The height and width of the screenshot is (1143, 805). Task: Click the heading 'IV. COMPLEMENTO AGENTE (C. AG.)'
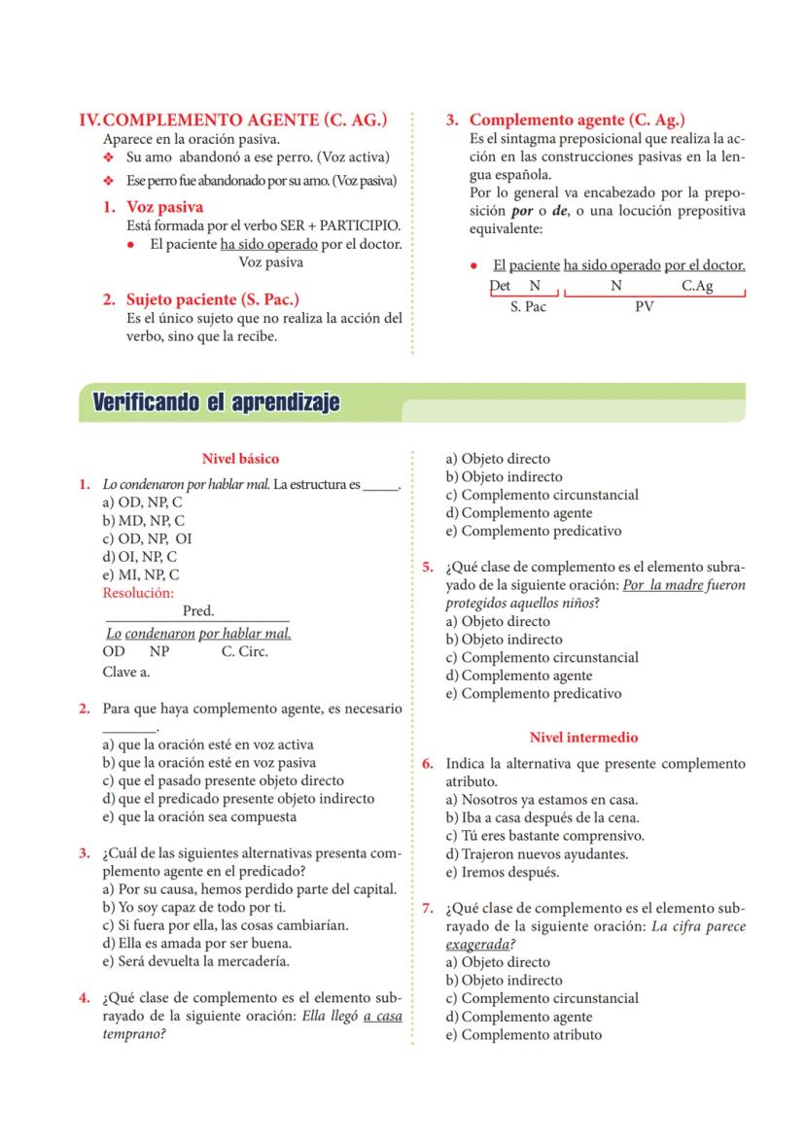(233, 120)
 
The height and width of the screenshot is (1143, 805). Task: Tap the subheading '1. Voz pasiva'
(153, 207)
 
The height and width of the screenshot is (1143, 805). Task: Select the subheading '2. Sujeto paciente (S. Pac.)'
(200, 299)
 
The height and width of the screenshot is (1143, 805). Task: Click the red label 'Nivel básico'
(240, 459)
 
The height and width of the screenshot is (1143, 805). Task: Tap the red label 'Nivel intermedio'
(583, 738)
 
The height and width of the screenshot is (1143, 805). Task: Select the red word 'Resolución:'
(138, 592)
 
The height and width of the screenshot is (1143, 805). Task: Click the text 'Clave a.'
(126, 671)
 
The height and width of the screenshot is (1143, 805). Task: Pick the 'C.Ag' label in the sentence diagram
(697, 286)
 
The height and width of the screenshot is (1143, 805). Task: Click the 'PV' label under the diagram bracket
(644, 306)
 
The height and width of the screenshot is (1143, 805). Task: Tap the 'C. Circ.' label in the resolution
(244, 652)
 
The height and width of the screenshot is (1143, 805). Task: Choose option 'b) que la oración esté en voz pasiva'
(209, 763)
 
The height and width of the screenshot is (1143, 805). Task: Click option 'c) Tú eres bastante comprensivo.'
(544, 836)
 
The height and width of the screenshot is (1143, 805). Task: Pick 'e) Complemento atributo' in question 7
(523, 1034)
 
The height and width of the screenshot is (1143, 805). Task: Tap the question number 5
(428, 569)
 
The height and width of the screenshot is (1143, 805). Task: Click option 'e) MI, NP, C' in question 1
(141, 574)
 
